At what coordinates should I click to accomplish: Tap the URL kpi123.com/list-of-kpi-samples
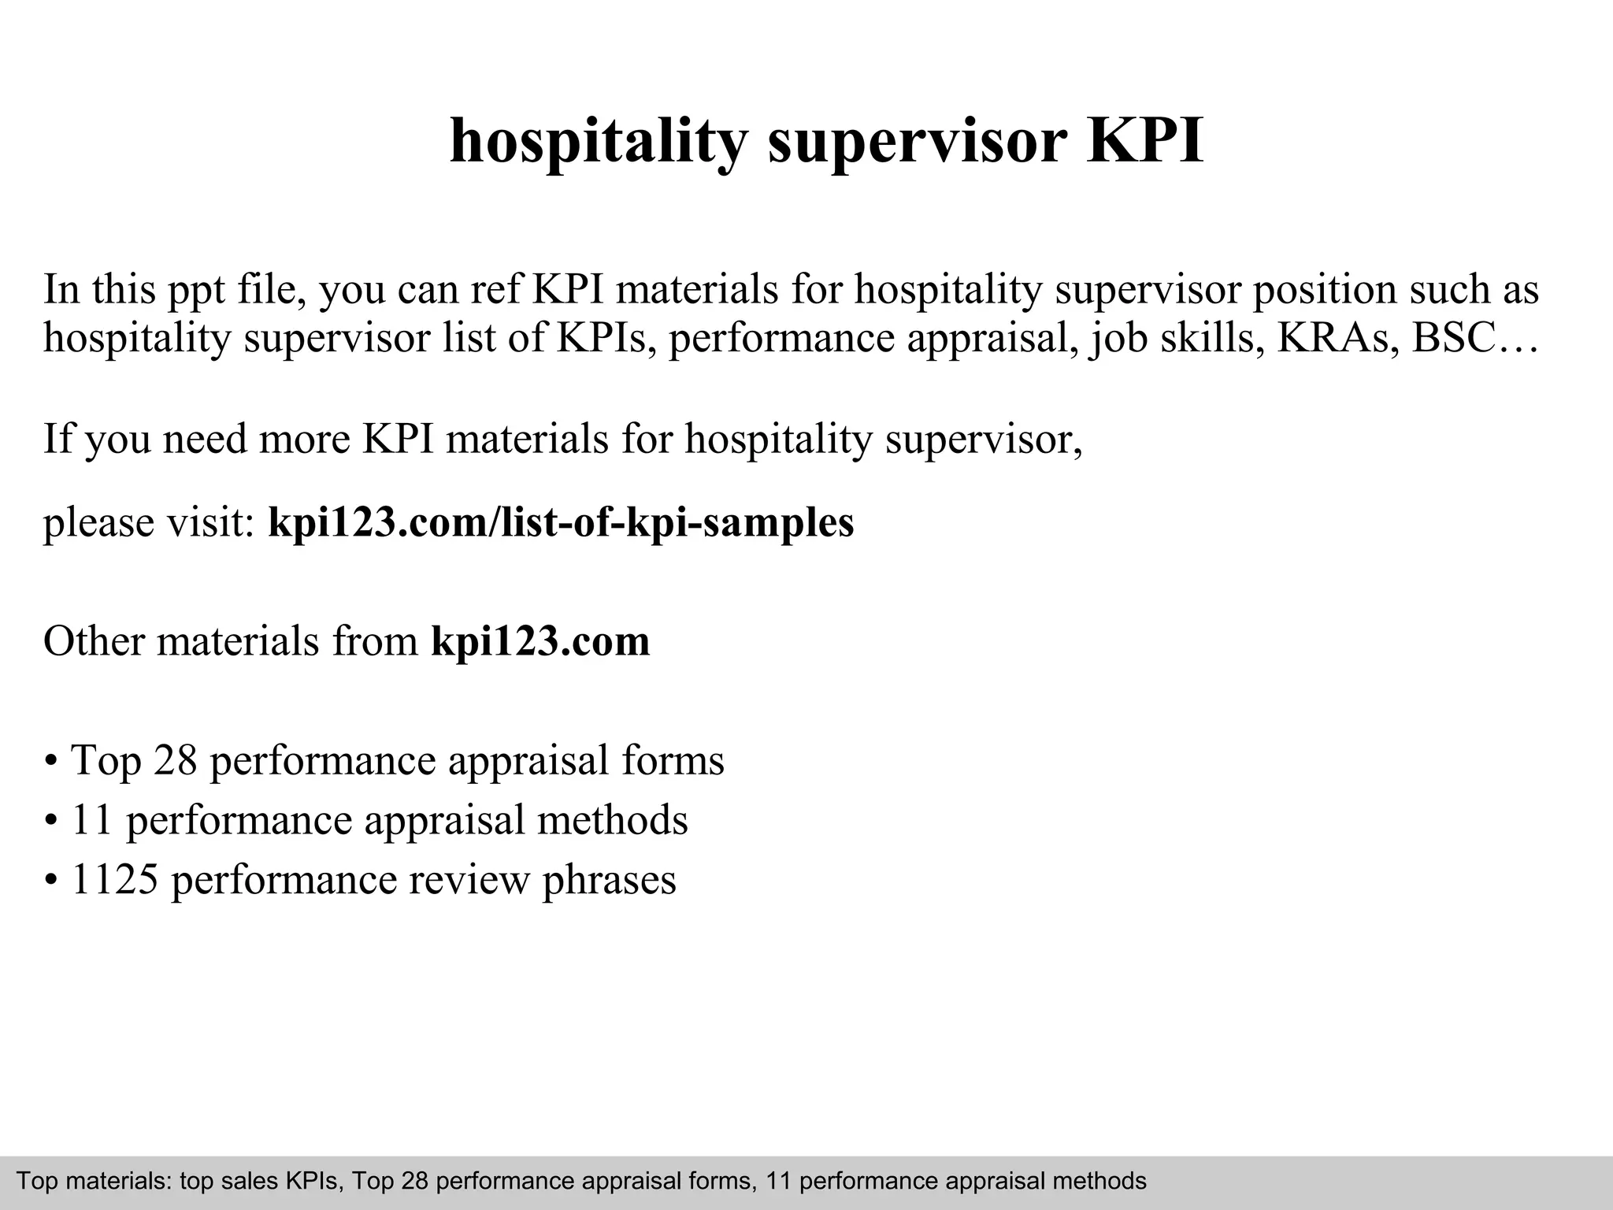click(x=561, y=522)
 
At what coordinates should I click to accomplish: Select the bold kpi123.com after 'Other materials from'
click(x=540, y=641)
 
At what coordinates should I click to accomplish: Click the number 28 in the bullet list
click(x=175, y=760)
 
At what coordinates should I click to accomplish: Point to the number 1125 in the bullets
click(x=115, y=880)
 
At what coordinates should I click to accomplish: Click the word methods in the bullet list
click(x=613, y=820)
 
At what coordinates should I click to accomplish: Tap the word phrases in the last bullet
click(x=609, y=880)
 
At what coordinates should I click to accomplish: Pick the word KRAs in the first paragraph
click(x=1337, y=338)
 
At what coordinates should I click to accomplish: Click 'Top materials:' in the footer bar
click(x=94, y=1181)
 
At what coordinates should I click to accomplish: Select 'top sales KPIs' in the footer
click(x=261, y=1181)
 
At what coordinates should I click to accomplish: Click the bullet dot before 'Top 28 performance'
click(x=51, y=763)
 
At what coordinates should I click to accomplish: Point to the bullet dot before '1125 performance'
click(x=51, y=882)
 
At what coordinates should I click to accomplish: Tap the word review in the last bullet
click(x=468, y=880)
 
